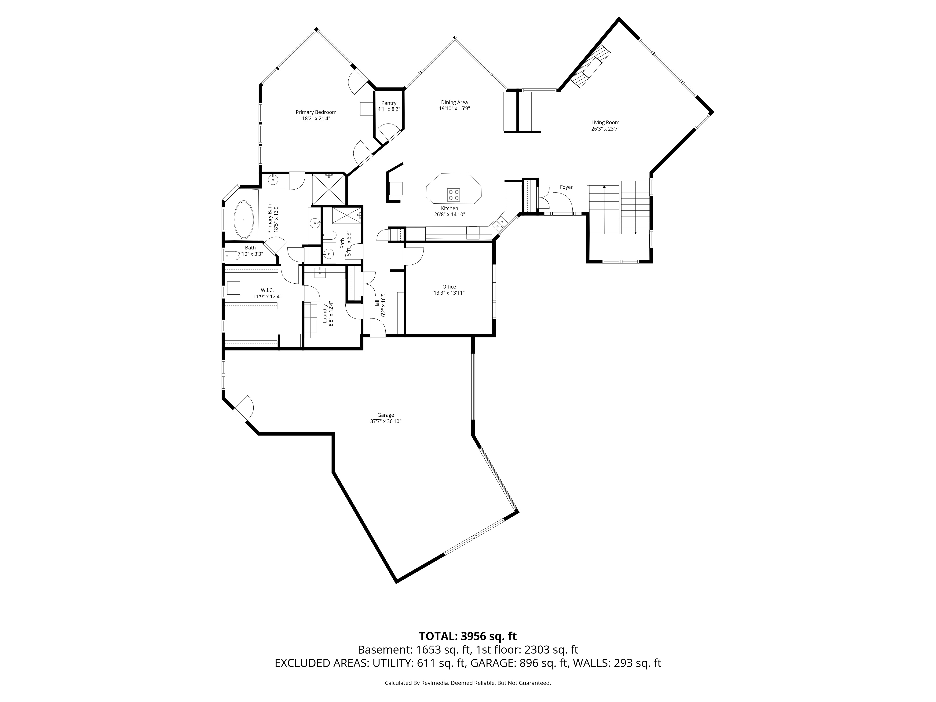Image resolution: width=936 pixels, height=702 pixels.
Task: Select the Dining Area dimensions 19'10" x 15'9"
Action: (454, 108)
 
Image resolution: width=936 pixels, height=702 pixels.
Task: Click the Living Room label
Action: (605, 123)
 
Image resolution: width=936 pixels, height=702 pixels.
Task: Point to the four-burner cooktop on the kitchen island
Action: (454, 195)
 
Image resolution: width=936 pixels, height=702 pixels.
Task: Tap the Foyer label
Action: (566, 187)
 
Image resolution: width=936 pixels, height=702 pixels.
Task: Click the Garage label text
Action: (385, 415)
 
